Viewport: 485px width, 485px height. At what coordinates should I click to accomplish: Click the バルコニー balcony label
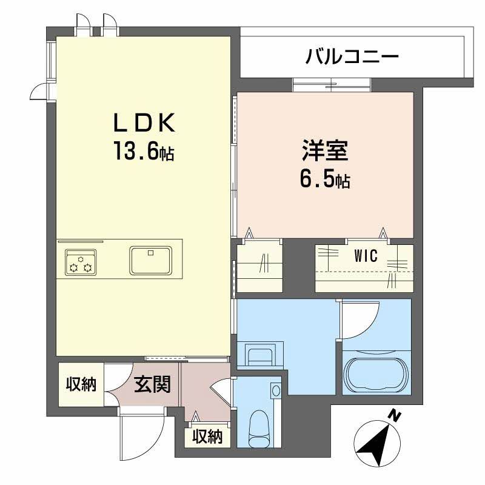[x=352, y=58]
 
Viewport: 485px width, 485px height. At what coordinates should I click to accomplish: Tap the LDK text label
[x=145, y=124]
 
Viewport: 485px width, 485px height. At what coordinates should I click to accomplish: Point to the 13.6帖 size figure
[x=144, y=152]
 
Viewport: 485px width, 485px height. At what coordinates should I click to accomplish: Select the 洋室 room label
[x=325, y=150]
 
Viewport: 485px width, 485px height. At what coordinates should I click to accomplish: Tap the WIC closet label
[x=366, y=256]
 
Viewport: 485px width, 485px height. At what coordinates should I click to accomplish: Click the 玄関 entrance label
[x=152, y=384]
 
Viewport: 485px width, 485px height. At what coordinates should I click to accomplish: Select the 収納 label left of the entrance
[x=81, y=384]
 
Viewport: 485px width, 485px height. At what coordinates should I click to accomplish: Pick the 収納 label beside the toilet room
[x=207, y=436]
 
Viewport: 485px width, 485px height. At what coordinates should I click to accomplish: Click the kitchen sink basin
[x=151, y=259]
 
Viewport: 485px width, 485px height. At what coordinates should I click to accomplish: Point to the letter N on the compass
[x=395, y=416]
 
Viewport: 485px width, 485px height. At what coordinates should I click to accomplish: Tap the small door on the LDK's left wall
[x=39, y=91]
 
